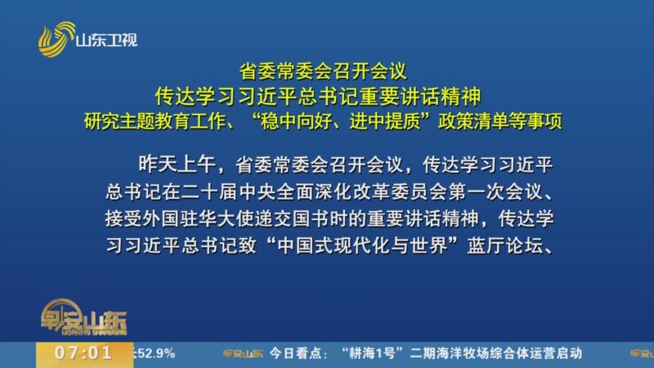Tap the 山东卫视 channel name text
click(x=106, y=38)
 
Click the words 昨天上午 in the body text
click(x=169, y=164)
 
